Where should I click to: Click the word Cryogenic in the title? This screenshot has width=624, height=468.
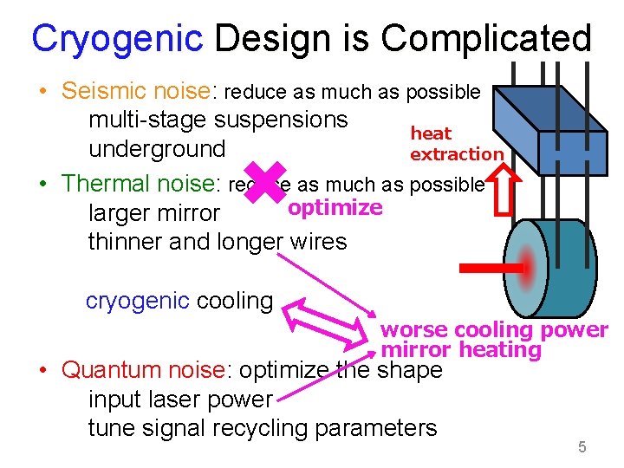117,39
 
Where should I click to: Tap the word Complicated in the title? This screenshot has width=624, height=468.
485,39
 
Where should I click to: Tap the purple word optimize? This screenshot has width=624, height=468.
335,208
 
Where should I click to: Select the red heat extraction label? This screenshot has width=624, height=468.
455,144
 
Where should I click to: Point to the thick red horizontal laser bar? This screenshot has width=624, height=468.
490,269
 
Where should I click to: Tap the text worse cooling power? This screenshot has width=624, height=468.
494,330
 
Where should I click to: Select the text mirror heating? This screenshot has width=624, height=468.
461,350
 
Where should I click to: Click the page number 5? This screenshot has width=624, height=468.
582,447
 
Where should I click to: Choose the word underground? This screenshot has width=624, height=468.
157,149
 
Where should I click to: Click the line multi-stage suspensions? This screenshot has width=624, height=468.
218,120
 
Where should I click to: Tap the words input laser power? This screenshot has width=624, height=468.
180,400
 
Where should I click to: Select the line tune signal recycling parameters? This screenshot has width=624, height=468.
262,428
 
